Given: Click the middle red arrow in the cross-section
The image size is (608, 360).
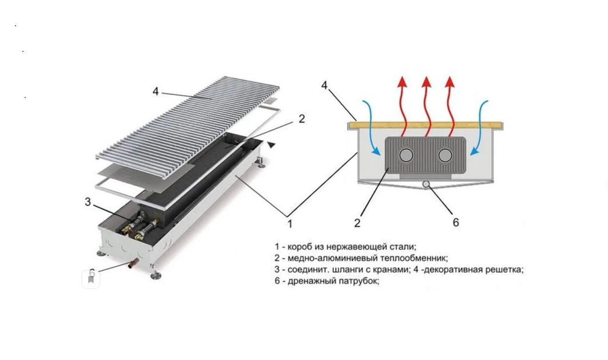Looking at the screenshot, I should click(x=426, y=105).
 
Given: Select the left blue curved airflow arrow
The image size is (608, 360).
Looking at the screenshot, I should click(x=370, y=128).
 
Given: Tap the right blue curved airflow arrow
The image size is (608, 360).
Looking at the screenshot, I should click(x=480, y=128).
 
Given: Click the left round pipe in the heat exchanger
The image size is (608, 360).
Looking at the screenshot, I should click(x=407, y=154).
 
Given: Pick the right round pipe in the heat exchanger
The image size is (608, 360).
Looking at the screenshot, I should click(x=445, y=154).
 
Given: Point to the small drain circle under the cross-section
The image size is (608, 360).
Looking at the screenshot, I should click(x=426, y=183).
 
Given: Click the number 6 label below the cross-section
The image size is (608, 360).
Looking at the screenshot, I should click(x=455, y=223).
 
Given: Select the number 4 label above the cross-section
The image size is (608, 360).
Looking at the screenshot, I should click(x=324, y=85).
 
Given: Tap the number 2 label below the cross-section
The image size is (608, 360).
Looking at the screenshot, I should click(x=357, y=223).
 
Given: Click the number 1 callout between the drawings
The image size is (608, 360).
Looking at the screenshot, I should click(x=289, y=223).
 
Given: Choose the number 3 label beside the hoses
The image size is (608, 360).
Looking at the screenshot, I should click(x=88, y=202).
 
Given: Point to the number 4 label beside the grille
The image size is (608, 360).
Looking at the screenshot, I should click(x=155, y=91).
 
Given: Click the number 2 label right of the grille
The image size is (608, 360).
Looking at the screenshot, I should click(x=301, y=118).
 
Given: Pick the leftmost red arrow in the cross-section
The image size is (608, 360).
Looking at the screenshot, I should click(x=402, y=105).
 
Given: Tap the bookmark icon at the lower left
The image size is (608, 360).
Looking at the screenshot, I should click(x=91, y=279).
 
